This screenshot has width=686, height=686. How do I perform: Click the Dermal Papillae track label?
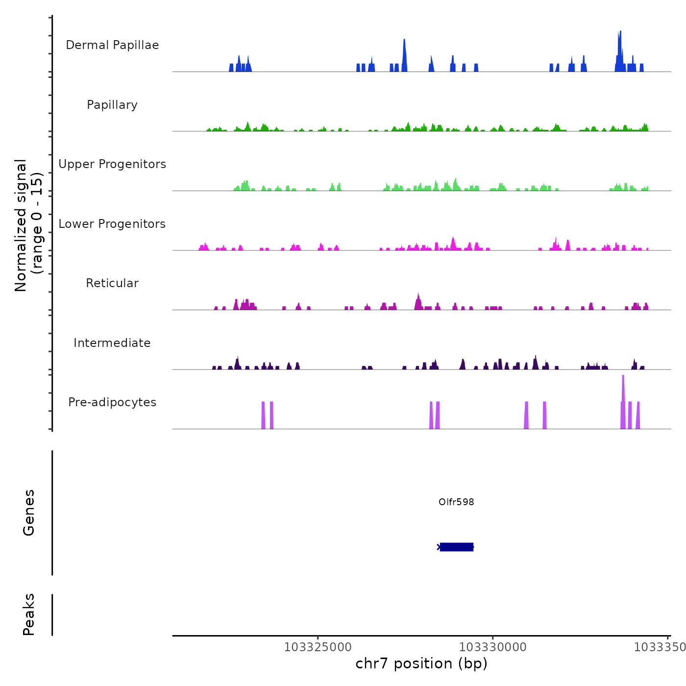click(112, 45)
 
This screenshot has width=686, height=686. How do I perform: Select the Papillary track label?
click(112, 105)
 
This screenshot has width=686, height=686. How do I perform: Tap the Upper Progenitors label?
click(112, 164)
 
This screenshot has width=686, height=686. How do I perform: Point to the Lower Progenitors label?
click(112, 224)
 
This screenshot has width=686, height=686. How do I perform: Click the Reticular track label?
click(112, 283)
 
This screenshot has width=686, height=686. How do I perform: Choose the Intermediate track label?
click(112, 343)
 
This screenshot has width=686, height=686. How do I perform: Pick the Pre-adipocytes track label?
click(112, 402)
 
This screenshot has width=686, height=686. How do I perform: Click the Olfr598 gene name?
click(456, 502)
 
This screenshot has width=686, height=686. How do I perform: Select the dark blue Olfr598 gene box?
click(457, 547)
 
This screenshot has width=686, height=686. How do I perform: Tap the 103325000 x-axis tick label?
click(318, 647)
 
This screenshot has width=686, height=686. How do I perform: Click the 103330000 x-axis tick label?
click(493, 647)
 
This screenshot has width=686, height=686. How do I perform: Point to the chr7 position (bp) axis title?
click(421, 663)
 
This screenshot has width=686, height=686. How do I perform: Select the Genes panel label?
click(29, 513)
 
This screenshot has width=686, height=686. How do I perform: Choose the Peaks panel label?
click(29, 614)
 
